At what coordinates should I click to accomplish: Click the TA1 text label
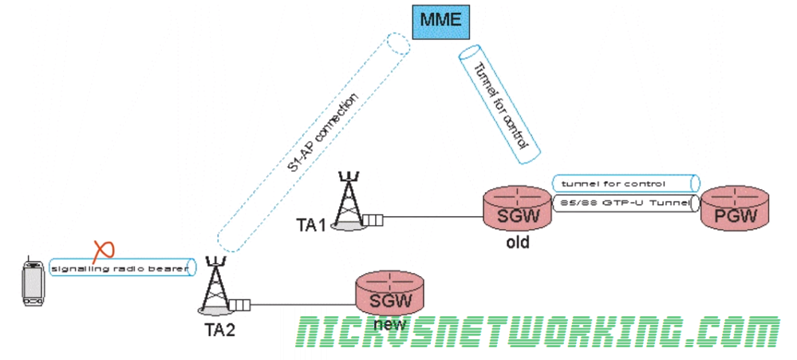click(x=312, y=225)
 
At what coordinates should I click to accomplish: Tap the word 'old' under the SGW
click(x=517, y=242)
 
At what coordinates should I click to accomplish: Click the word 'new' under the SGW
click(x=390, y=325)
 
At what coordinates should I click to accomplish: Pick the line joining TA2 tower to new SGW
click(x=303, y=303)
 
